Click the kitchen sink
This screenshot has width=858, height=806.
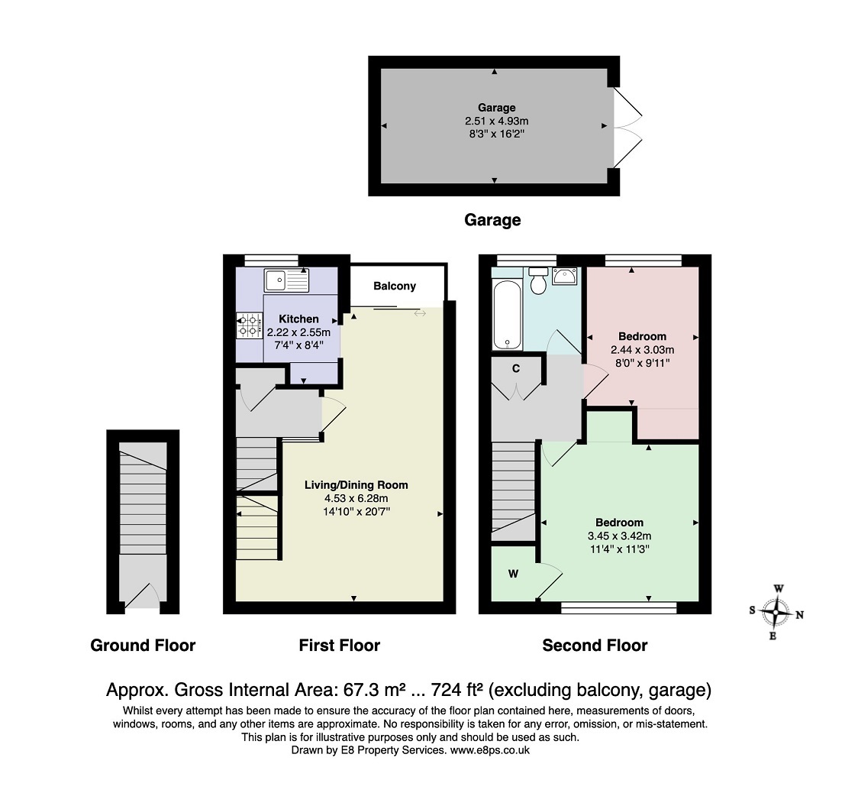click(286, 280)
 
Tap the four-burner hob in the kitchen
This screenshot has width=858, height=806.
click(249, 324)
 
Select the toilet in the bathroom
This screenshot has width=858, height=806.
click(538, 280)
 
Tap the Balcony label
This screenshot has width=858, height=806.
click(395, 286)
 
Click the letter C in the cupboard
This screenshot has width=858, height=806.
click(515, 368)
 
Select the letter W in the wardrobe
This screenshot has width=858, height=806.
click(513, 574)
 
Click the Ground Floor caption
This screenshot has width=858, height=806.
click(143, 645)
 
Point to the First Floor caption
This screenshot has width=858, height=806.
click(339, 645)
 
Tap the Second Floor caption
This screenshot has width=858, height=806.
click(595, 645)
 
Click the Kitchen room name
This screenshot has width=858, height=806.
click(298, 319)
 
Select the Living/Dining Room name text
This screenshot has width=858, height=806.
click(356, 484)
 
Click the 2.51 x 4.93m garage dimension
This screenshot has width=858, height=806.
click(497, 121)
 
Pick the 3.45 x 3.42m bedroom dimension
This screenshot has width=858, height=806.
click(619, 536)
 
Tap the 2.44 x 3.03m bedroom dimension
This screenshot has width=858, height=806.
click(643, 349)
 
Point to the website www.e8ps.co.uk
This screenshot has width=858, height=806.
click(490, 750)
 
